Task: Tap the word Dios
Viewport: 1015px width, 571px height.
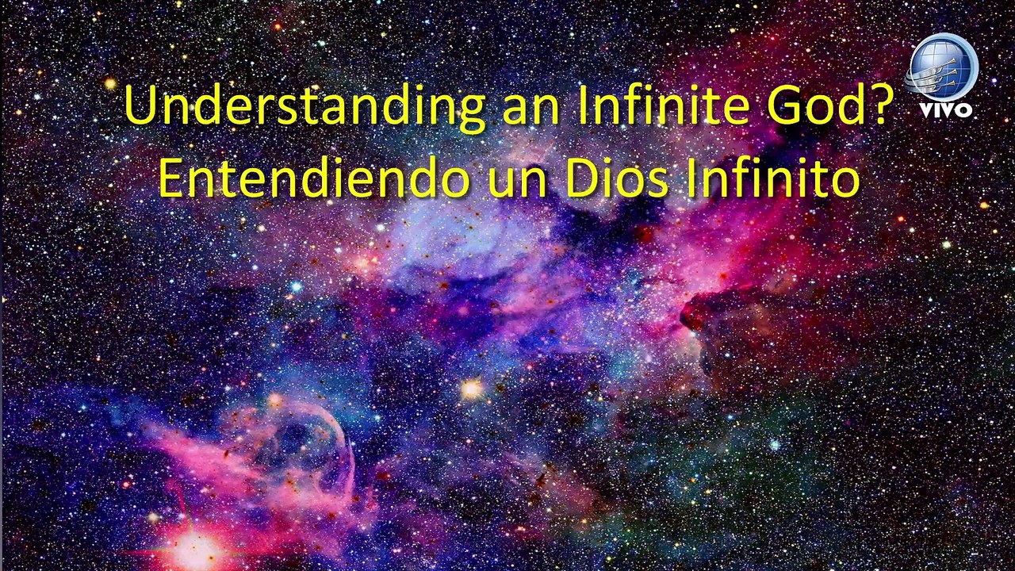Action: click(x=617, y=179)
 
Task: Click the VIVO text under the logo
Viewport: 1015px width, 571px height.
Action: click(x=946, y=109)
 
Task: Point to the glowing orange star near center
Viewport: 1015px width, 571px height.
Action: click(x=472, y=389)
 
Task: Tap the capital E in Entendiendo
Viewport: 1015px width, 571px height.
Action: click(x=171, y=179)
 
